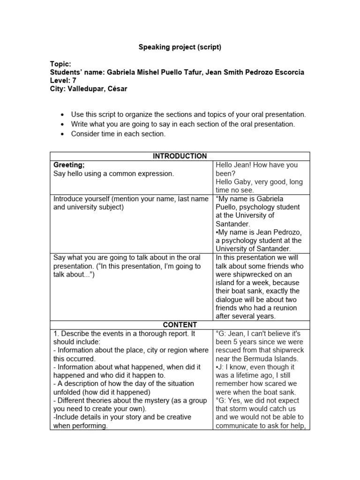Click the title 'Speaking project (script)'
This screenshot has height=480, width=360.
click(180, 47)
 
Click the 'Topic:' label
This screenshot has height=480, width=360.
click(60, 64)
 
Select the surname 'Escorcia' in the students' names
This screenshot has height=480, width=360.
click(288, 72)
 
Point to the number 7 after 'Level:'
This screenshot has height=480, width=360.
click(74, 81)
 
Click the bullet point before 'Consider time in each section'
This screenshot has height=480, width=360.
click(62, 134)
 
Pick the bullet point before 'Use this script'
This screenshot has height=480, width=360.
click(62, 114)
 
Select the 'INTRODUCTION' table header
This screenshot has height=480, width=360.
click(180, 156)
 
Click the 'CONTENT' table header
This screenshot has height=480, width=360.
click(180, 325)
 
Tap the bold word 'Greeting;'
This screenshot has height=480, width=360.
click(69, 165)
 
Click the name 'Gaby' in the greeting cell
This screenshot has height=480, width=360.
click(244, 182)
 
